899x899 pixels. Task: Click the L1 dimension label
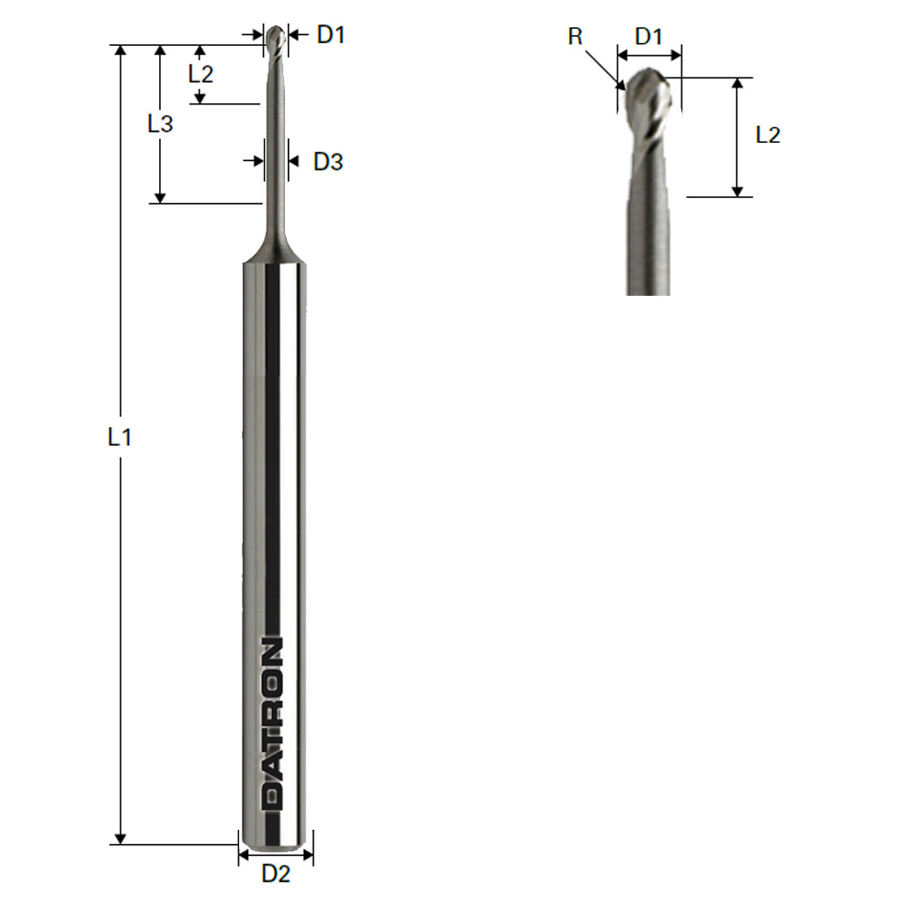pos(120,438)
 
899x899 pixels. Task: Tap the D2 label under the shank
pos(276,874)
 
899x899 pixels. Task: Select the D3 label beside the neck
pos(328,162)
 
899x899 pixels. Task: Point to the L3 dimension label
pos(160,123)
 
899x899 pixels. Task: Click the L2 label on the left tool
pos(200,74)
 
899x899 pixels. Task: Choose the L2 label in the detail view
pos(768,135)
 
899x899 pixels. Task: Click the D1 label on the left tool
pos(331,35)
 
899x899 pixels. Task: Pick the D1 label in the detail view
pos(649,37)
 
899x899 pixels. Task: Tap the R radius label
pos(575,37)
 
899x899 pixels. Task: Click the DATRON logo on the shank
pos(271,723)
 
